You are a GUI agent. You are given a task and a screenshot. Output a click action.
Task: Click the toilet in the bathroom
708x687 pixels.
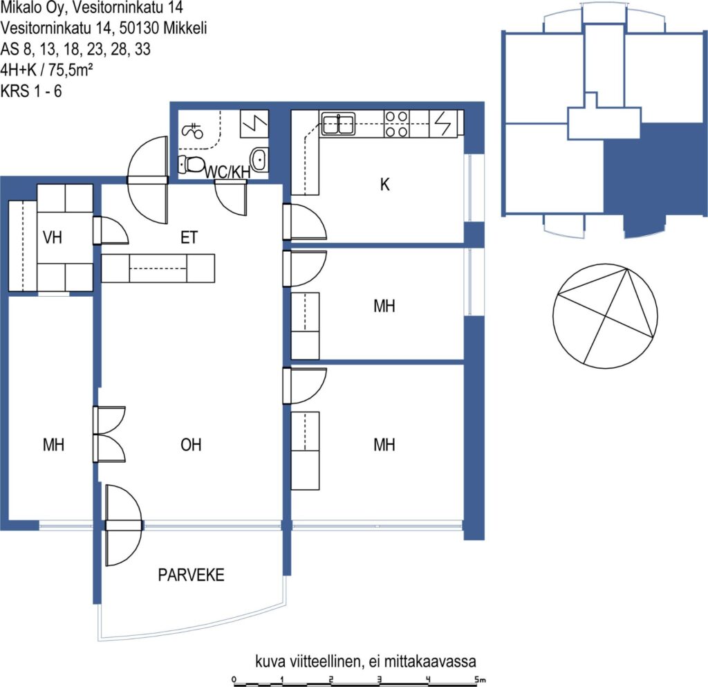(191, 165)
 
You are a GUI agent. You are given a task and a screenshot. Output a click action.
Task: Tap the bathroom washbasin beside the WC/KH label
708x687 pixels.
(259, 159)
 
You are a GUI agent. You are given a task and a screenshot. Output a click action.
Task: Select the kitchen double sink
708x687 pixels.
(337, 124)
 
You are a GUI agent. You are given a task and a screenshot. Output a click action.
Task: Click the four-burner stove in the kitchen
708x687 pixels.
(396, 124)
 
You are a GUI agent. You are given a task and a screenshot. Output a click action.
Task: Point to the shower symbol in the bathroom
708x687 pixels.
(192, 131)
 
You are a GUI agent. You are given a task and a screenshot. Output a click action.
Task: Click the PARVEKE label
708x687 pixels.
(191, 575)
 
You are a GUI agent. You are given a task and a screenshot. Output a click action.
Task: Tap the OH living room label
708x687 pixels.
(191, 445)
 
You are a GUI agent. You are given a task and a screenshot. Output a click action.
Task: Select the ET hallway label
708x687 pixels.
(189, 237)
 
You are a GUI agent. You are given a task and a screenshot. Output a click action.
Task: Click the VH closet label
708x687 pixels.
(53, 237)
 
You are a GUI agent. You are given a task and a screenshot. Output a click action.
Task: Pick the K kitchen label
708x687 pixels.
(384, 184)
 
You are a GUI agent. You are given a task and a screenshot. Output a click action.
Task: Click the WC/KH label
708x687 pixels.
(227, 172)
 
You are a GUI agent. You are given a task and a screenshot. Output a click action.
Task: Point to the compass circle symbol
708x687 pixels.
(605, 316)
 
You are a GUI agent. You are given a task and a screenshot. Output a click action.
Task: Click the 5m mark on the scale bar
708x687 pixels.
(480, 679)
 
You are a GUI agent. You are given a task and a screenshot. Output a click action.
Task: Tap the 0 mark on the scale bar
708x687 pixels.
(234, 679)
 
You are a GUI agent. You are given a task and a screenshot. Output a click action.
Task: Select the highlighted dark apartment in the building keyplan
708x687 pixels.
(655, 176)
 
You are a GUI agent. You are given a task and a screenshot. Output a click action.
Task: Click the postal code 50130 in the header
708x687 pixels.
(139, 28)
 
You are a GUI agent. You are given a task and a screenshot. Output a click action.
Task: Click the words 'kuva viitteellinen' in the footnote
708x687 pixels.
(308, 661)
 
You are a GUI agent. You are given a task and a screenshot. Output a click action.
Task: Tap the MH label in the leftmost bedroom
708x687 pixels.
(53, 445)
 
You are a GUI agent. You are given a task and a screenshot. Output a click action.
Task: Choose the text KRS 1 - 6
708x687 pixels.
(31, 91)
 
